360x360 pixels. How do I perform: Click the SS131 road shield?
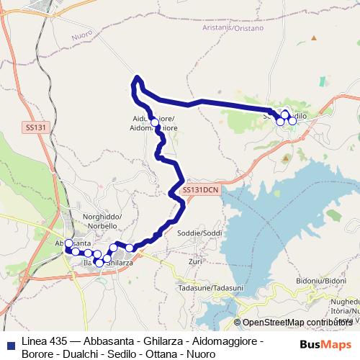(35, 127)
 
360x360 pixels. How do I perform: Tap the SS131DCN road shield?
(200, 190)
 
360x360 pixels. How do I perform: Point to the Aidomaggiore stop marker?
(156, 123)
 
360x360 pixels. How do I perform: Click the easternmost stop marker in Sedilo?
(292, 120)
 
